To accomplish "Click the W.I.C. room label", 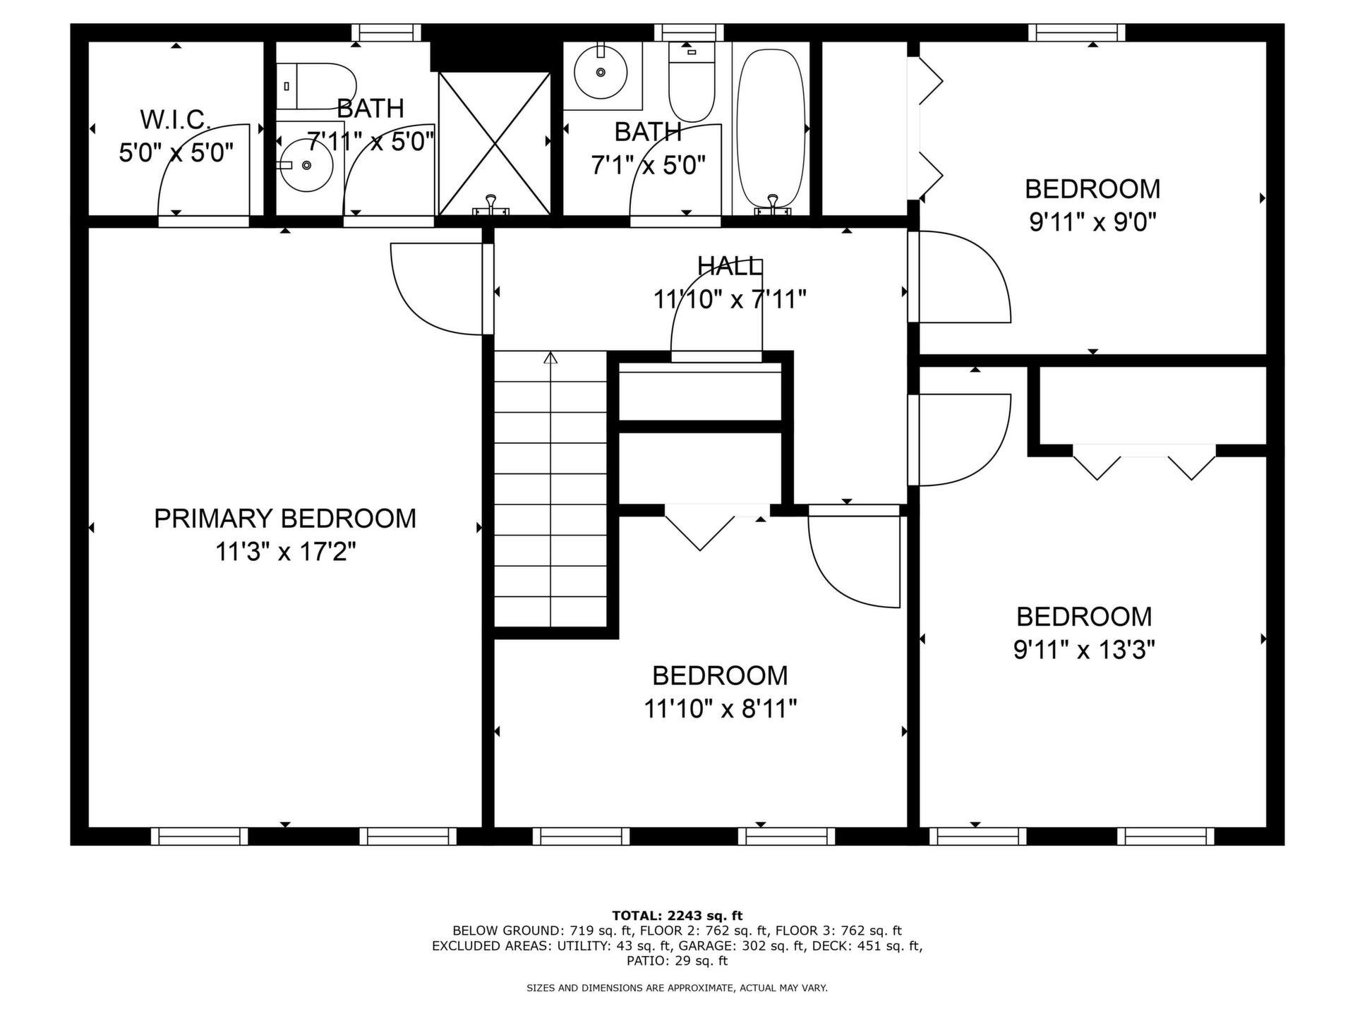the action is pos(176,120).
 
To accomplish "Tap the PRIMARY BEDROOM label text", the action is pos(285,519).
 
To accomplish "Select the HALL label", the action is pos(730,266).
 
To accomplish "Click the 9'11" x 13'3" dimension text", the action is pos(1084,649).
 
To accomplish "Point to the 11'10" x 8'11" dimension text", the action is pos(720,708).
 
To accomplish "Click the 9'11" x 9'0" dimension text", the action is pos(1092,222).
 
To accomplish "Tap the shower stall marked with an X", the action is pos(494,143).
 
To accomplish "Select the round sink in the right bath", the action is pos(601,71).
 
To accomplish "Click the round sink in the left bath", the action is pos(305,164).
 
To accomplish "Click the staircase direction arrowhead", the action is pos(550,358).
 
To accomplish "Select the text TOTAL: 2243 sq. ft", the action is pos(677,916).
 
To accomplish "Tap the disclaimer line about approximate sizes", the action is pos(677,988).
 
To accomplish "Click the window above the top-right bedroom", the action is pos(1076,32).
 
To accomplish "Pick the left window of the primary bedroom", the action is pos(200,836).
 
